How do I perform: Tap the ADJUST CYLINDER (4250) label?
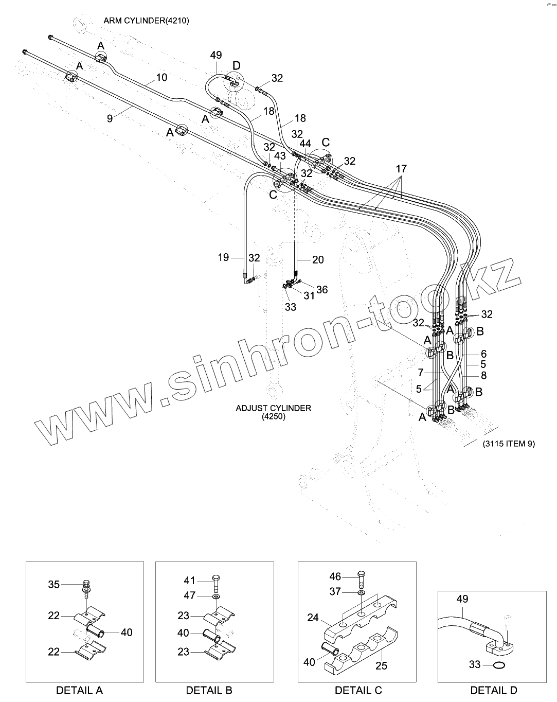[273, 412]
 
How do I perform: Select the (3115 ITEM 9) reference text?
[508, 444]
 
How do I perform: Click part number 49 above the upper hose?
[216, 55]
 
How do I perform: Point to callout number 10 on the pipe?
[161, 78]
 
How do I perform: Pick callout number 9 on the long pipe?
[110, 118]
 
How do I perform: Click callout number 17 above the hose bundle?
[401, 168]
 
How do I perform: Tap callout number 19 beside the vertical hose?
[223, 257]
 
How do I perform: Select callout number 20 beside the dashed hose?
[318, 260]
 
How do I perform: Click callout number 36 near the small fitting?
[322, 290]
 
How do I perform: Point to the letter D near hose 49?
[236, 65]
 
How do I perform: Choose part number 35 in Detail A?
[54, 584]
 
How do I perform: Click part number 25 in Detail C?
[381, 665]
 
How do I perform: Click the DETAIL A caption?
[79, 690]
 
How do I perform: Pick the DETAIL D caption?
[494, 690]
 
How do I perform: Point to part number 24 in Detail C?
[313, 617]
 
